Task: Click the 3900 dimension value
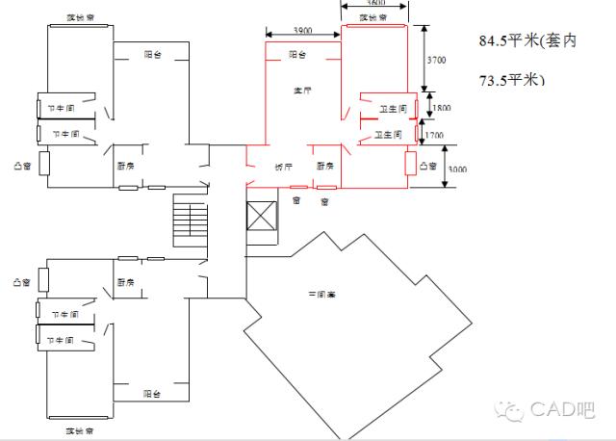(300, 33)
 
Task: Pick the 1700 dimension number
(436, 136)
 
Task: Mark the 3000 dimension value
(457, 169)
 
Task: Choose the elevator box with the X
(262, 217)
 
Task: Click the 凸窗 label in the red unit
(428, 167)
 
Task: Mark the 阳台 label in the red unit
(298, 56)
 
